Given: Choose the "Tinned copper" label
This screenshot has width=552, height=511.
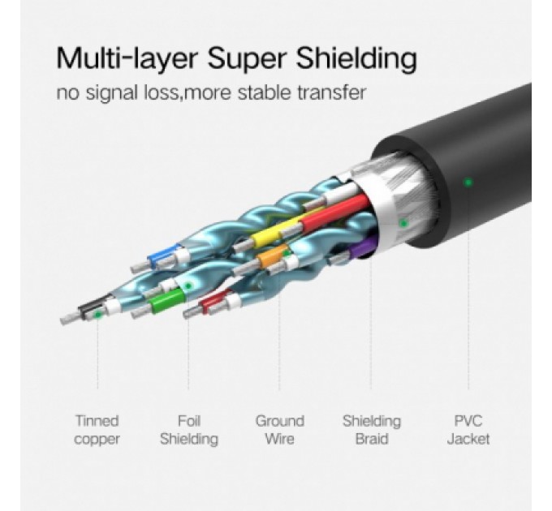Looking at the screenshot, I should [97, 430].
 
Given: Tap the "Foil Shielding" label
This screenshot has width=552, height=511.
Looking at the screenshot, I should [188, 430].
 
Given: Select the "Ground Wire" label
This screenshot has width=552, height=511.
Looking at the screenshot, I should [280, 430].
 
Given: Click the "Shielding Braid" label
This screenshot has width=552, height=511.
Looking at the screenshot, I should [372, 430].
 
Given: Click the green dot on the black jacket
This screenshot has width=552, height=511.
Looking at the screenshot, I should [468, 182].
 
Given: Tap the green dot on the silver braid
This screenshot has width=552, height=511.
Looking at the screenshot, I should [403, 223].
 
